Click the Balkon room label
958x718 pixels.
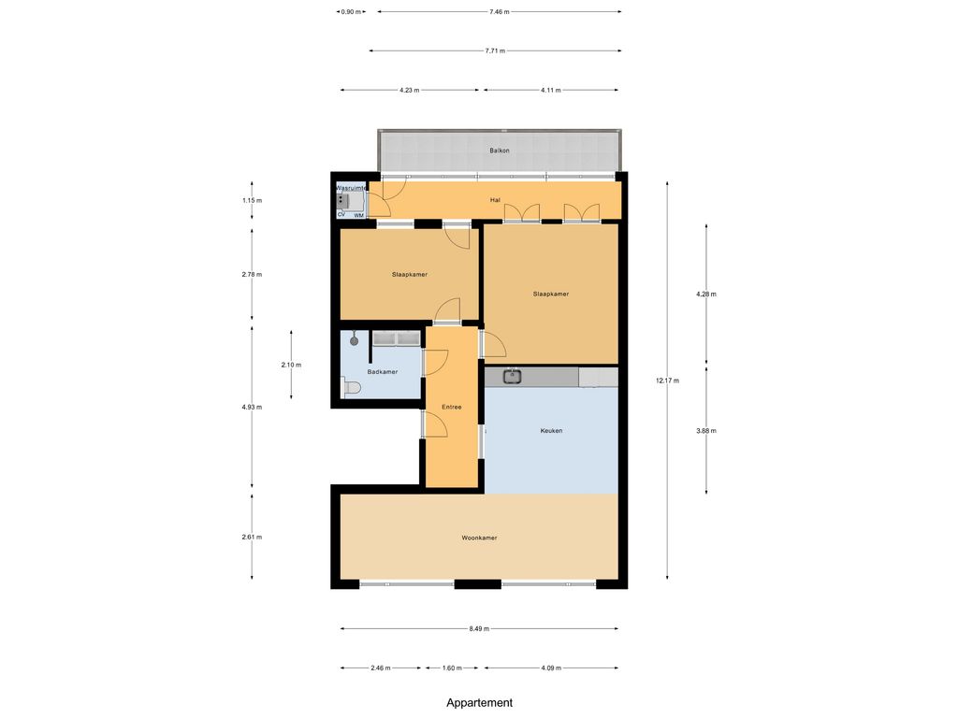(500, 151)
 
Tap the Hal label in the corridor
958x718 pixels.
(495, 200)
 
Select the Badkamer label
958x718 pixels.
(383, 372)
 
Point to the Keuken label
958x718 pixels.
(551, 430)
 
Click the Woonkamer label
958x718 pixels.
(479, 538)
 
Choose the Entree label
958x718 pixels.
(452, 408)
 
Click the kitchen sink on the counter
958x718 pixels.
(512, 377)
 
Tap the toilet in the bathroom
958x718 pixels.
(352, 388)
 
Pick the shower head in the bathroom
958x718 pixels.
(354, 339)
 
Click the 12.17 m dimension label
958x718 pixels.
(667, 381)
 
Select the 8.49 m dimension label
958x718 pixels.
(479, 628)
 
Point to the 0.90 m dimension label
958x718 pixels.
(351, 11)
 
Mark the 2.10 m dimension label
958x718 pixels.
(291, 365)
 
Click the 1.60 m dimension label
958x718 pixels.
(452, 668)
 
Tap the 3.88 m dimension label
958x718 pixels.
(706, 430)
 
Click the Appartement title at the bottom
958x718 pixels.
(480, 703)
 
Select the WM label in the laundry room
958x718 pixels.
(358, 216)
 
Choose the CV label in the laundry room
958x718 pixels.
(341, 214)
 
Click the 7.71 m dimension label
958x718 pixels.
(495, 50)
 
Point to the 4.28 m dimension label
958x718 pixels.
(706, 294)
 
